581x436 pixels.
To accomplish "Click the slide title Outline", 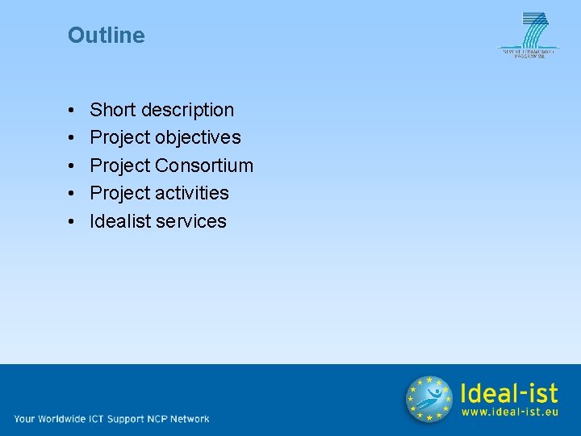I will pyautogui.click(x=107, y=36).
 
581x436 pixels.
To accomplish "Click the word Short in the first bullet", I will pyautogui.click(x=113, y=110).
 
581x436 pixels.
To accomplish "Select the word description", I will pyautogui.click(x=187, y=110).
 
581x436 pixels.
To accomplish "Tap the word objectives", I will pyautogui.click(x=198, y=138).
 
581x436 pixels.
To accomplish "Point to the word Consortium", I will pyautogui.click(x=204, y=166).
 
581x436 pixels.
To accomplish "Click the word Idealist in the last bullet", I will pyautogui.click(x=118, y=221).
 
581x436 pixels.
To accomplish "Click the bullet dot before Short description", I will pyautogui.click(x=73, y=111).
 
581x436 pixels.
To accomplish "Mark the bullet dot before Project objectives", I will pyautogui.click(x=73, y=138).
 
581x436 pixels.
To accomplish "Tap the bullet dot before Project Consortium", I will pyautogui.click(x=73, y=166).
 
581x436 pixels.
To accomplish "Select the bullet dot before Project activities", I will pyautogui.click(x=73, y=194).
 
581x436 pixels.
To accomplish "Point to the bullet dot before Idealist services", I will pyautogui.click(x=73, y=222).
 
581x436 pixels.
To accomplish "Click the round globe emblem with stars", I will pyautogui.click(x=428, y=400).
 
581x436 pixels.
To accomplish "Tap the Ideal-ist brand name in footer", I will pyautogui.click(x=508, y=392).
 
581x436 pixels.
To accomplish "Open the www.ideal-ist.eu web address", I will pyautogui.click(x=509, y=412).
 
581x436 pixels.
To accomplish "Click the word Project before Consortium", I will pyautogui.click(x=119, y=166).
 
